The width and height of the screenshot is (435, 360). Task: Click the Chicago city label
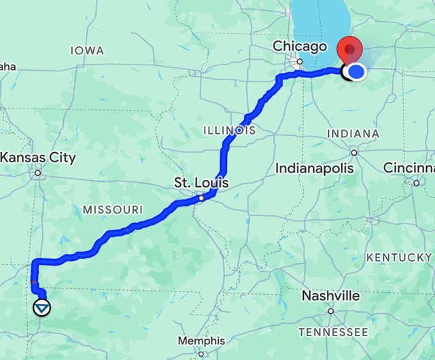coord(300,46)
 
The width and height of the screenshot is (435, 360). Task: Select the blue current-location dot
coord(356,71)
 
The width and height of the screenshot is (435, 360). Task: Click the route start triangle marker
coord(42,308)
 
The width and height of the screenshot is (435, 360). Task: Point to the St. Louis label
coord(201,183)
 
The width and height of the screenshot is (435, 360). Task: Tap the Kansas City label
coord(38,158)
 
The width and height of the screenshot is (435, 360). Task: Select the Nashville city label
coord(330,296)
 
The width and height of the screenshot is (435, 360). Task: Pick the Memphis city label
coord(201,340)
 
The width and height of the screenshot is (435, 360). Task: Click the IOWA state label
coord(87,51)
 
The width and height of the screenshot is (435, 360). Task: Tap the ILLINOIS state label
coord(229,130)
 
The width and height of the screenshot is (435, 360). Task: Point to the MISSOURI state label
coord(113,210)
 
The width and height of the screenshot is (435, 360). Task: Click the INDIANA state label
coord(353,134)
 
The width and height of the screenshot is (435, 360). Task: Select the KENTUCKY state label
coord(398,257)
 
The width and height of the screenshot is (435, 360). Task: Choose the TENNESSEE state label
coord(333,332)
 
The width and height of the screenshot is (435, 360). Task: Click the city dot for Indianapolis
coord(353,152)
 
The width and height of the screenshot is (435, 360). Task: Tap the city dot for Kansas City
coord(38,173)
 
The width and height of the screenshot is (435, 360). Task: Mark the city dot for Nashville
coord(330,311)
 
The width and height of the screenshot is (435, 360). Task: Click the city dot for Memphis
coord(201,353)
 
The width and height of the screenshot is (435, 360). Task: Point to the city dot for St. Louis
coord(201,198)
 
